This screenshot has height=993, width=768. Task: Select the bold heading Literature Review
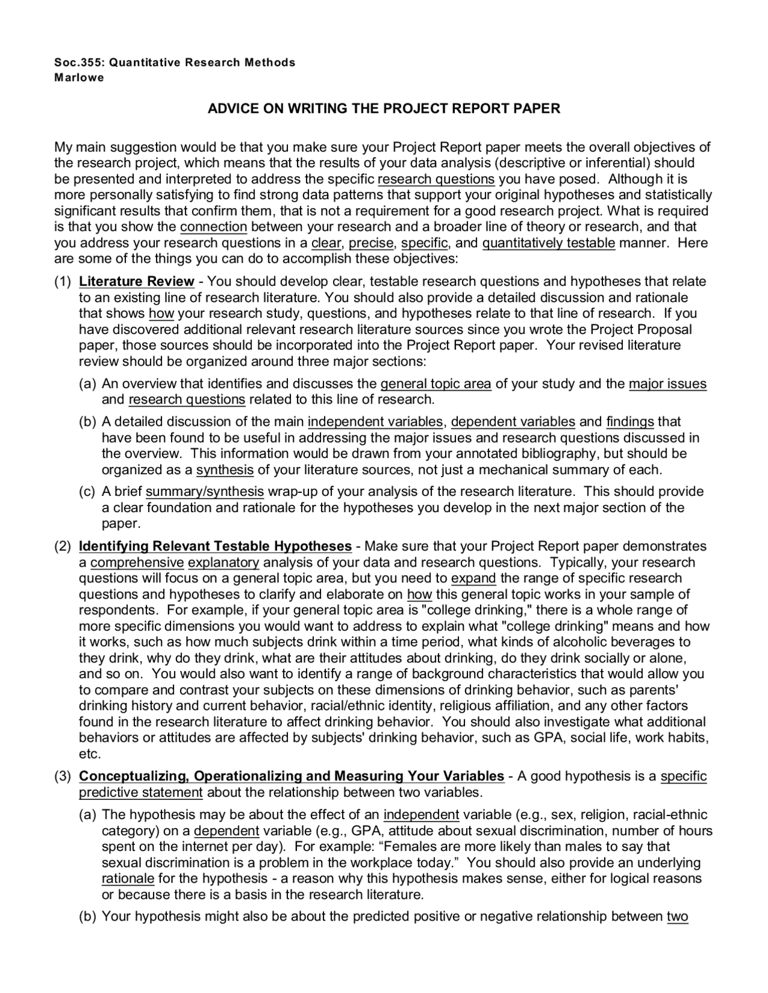click(137, 282)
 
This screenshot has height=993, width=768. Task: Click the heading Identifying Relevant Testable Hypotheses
click(215, 546)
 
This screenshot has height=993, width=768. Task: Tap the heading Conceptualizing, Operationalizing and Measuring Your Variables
click(291, 777)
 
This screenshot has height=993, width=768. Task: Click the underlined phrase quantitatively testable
click(548, 243)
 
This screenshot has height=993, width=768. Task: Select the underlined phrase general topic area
click(436, 384)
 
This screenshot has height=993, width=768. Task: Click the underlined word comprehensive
click(137, 563)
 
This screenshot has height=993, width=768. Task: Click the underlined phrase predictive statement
click(141, 793)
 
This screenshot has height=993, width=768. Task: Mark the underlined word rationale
click(128, 879)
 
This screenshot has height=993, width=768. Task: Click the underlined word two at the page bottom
click(677, 917)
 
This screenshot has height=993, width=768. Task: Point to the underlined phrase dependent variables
click(513, 422)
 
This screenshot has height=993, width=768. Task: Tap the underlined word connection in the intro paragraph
click(214, 227)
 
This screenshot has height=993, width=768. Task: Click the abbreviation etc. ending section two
click(89, 754)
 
